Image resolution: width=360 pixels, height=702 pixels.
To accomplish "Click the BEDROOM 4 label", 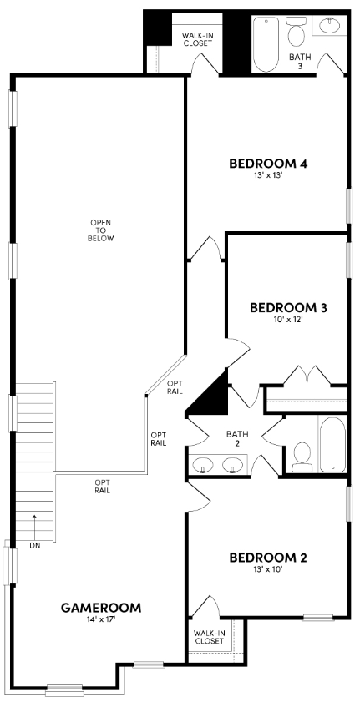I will (x=268, y=164).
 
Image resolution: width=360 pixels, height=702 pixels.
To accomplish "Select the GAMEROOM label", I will (x=100, y=607).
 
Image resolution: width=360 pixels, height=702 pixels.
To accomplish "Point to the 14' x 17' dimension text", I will (x=100, y=620).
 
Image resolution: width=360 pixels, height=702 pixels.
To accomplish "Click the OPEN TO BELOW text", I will (x=100, y=230).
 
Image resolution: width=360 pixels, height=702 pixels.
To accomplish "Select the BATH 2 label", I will (x=238, y=439).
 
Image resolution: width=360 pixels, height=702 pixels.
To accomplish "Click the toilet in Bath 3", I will (x=296, y=33).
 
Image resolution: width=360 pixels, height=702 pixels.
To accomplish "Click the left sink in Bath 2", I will (x=202, y=465).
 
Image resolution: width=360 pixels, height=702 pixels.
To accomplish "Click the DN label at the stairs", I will (x=34, y=546).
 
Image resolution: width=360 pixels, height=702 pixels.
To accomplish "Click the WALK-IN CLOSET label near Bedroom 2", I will (x=208, y=638).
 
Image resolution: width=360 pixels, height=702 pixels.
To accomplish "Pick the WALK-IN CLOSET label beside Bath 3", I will (x=197, y=38).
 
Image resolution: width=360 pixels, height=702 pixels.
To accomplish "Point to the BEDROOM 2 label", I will (x=268, y=558).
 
